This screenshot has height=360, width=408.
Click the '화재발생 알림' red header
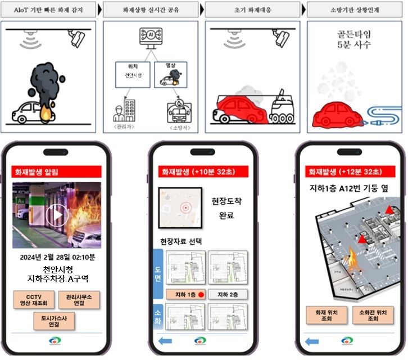(56, 172)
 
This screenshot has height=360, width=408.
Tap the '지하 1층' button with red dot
(187, 294)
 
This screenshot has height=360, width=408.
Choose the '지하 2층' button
(228, 294)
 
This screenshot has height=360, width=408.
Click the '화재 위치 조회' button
(327, 315)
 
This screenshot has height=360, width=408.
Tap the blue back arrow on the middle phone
(165, 340)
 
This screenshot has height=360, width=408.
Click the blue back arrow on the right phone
(312, 340)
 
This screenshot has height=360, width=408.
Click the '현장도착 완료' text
(226, 208)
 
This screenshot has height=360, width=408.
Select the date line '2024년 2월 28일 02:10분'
(56, 258)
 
